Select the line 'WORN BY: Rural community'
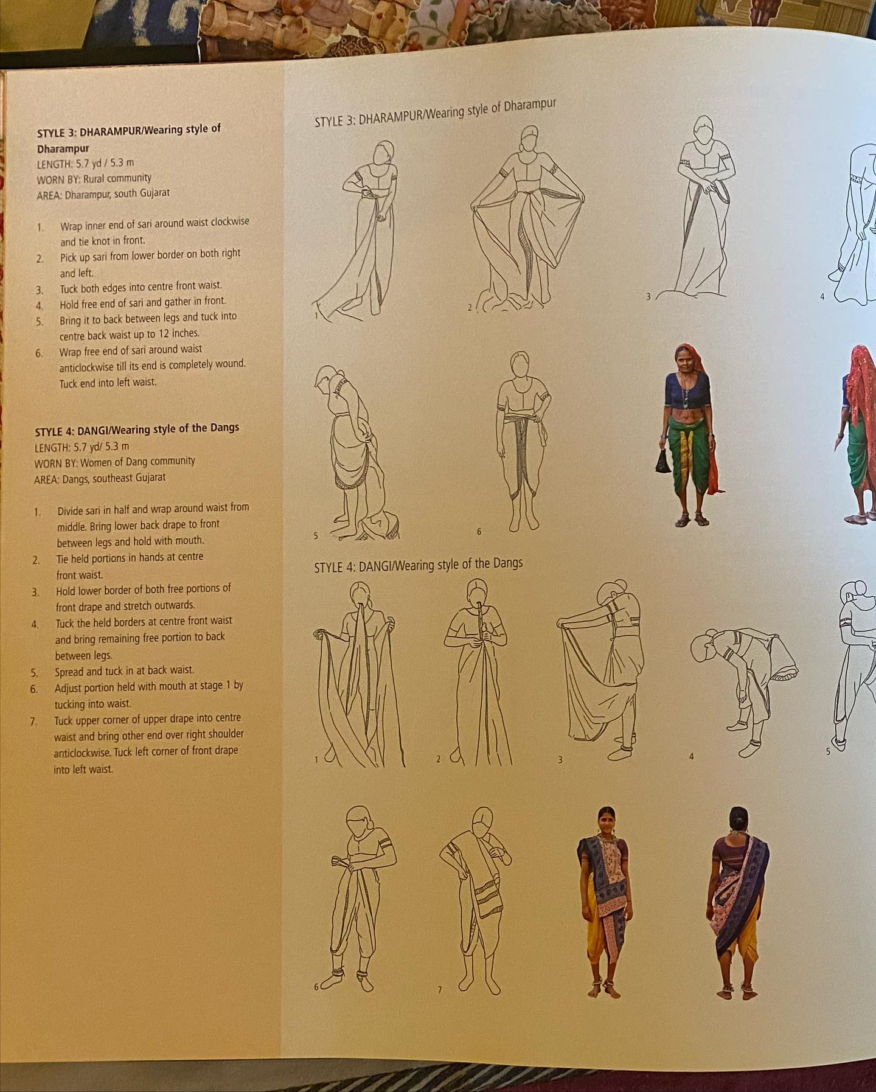click(x=94, y=179)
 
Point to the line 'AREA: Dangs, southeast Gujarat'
click(x=100, y=478)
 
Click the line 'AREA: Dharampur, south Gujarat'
click(x=103, y=194)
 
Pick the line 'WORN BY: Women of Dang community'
click(x=114, y=462)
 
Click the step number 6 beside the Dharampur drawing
click(x=479, y=532)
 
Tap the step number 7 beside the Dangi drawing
click(x=440, y=990)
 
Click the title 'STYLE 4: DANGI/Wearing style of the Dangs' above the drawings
click(x=419, y=565)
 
